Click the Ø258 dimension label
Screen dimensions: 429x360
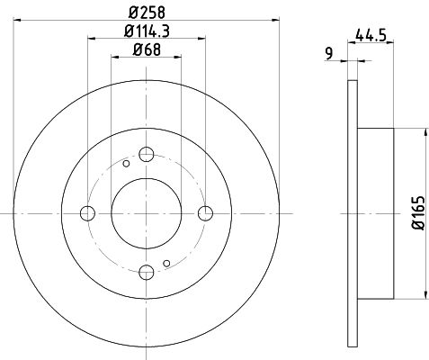(147, 13)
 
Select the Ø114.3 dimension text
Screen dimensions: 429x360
(147, 31)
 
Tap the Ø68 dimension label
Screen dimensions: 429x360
(147, 49)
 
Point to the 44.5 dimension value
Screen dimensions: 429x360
(371, 36)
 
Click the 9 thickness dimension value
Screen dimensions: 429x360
(329, 54)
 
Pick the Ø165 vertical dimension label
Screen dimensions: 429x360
(418, 213)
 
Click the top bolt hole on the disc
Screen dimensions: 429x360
(147, 155)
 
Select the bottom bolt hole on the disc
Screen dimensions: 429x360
(147, 273)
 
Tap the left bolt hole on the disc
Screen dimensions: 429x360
(87, 213)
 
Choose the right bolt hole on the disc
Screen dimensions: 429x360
(206, 213)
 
